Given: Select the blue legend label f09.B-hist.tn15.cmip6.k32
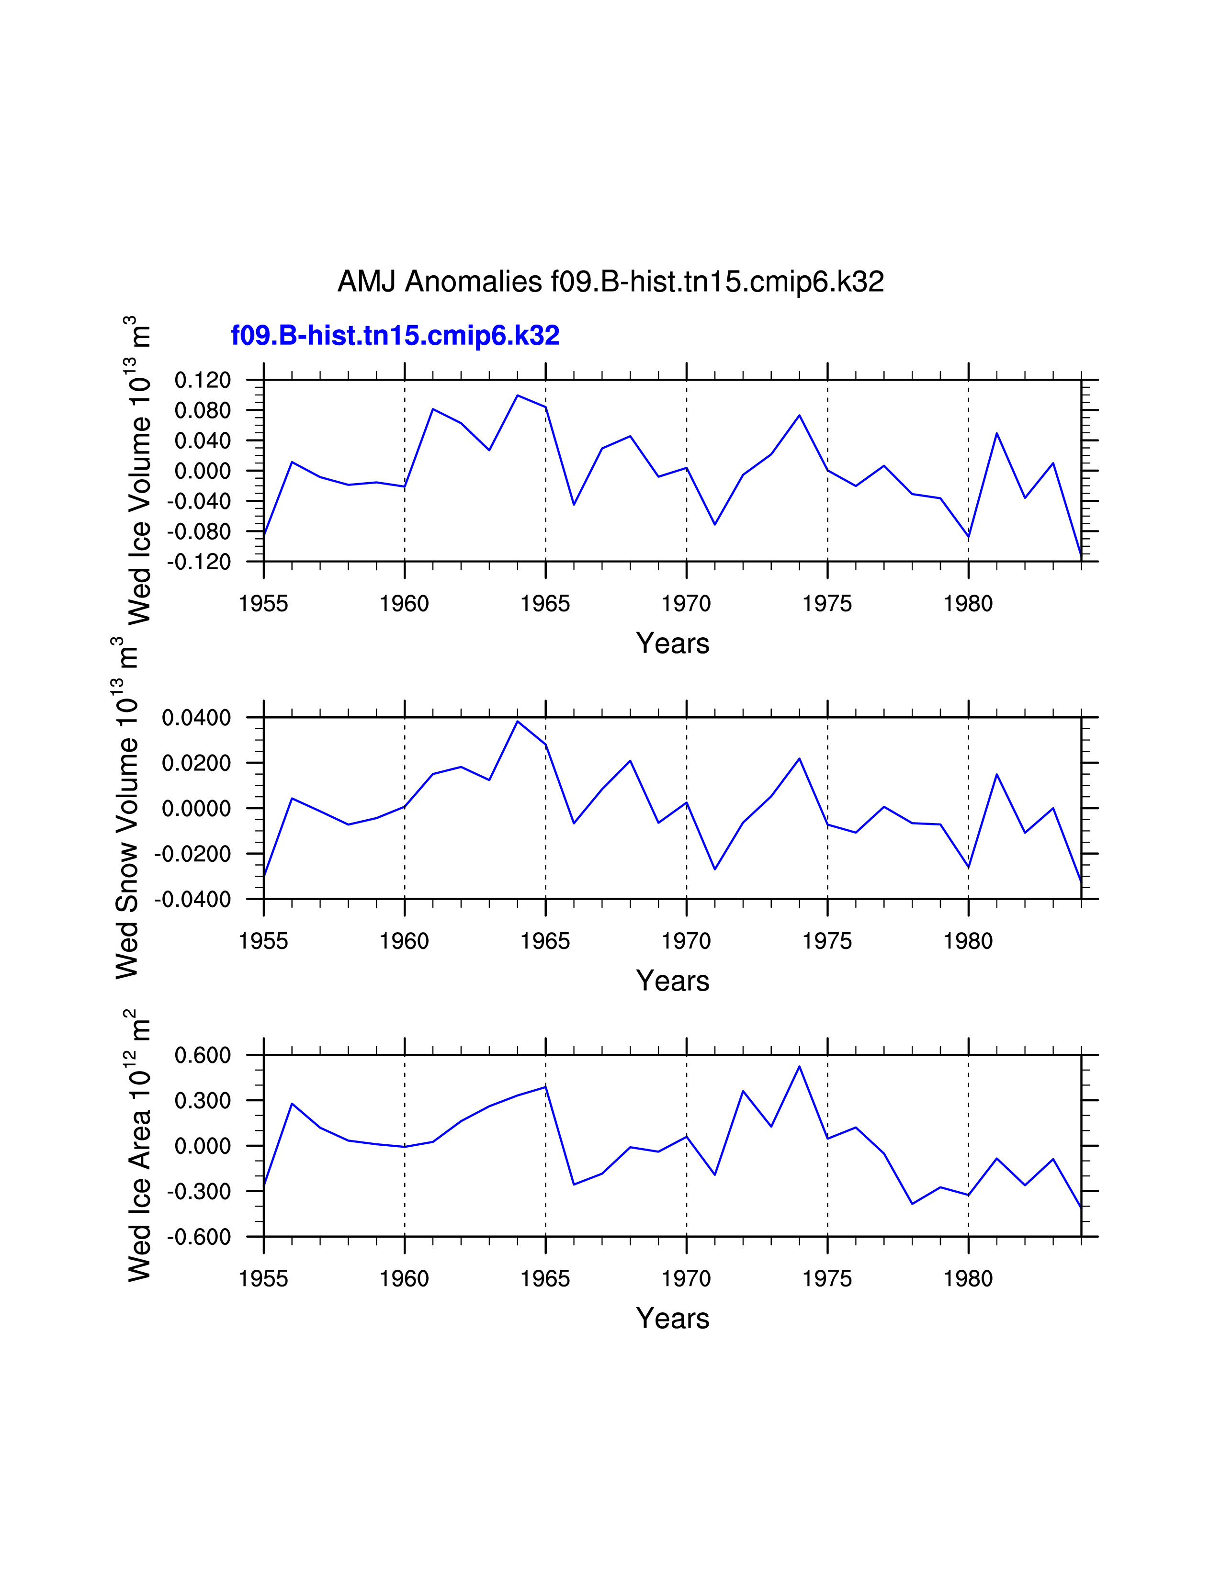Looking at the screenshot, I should (395, 336).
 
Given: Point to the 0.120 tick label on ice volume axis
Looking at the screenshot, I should (203, 380).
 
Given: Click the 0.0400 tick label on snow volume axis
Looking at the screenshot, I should (196, 718).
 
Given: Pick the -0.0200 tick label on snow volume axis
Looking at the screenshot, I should (192, 854).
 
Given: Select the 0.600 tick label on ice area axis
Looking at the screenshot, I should (203, 1056).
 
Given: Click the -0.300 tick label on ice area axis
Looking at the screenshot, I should (199, 1192).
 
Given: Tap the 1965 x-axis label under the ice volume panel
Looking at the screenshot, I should (545, 603).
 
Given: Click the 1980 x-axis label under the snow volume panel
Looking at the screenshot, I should (968, 941).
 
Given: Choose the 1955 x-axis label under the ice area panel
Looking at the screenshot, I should (263, 1279).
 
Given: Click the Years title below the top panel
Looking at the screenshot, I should (673, 643).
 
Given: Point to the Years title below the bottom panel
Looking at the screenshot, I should (673, 1319).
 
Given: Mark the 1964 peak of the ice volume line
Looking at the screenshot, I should (517, 396).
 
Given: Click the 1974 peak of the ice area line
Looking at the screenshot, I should (799, 1066).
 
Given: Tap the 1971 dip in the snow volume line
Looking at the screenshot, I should (715, 869).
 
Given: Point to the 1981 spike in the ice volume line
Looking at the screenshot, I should (997, 433).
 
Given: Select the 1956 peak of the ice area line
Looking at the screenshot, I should (292, 1104).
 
